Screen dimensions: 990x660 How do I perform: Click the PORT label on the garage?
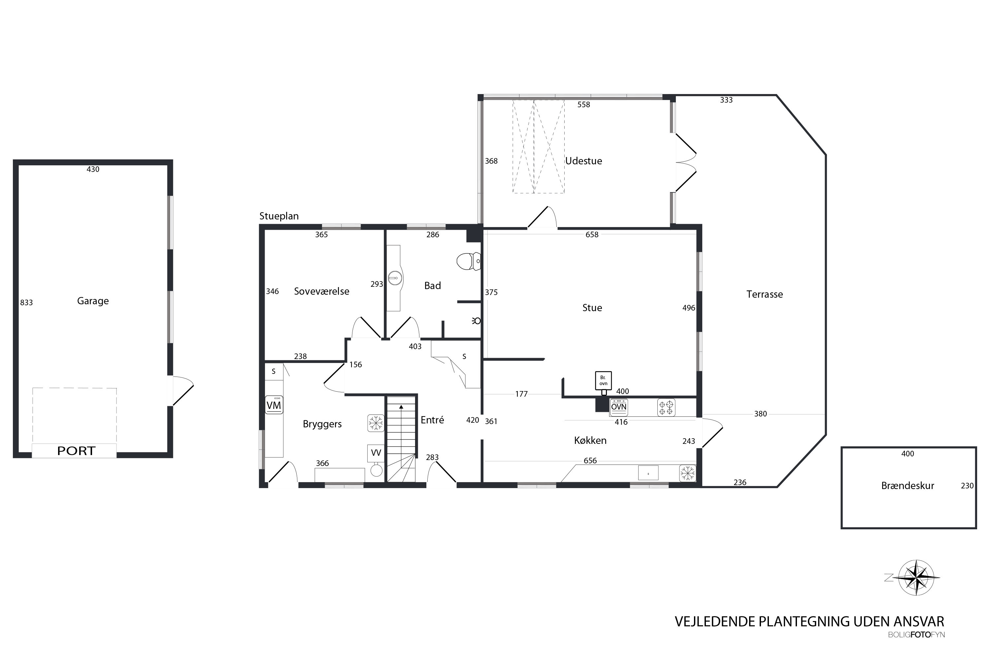(x=76, y=451)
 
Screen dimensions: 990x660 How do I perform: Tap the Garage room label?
(x=93, y=301)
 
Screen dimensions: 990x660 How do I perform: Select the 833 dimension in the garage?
(x=26, y=303)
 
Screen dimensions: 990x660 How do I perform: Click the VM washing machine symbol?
(x=274, y=405)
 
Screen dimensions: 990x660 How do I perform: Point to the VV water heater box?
(x=376, y=453)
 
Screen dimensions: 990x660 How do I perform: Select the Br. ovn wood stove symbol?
(x=604, y=381)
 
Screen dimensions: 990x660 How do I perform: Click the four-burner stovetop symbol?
(x=666, y=408)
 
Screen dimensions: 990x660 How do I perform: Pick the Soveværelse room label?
(x=321, y=291)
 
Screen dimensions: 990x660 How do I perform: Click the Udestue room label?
(x=583, y=161)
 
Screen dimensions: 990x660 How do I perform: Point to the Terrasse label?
(x=765, y=294)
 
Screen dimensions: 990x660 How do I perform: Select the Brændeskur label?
(x=908, y=486)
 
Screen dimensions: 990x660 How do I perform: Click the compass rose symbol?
(x=917, y=577)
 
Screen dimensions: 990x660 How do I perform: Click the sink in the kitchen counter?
(x=648, y=473)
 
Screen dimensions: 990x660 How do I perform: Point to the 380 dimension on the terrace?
(x=761, y=414)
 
